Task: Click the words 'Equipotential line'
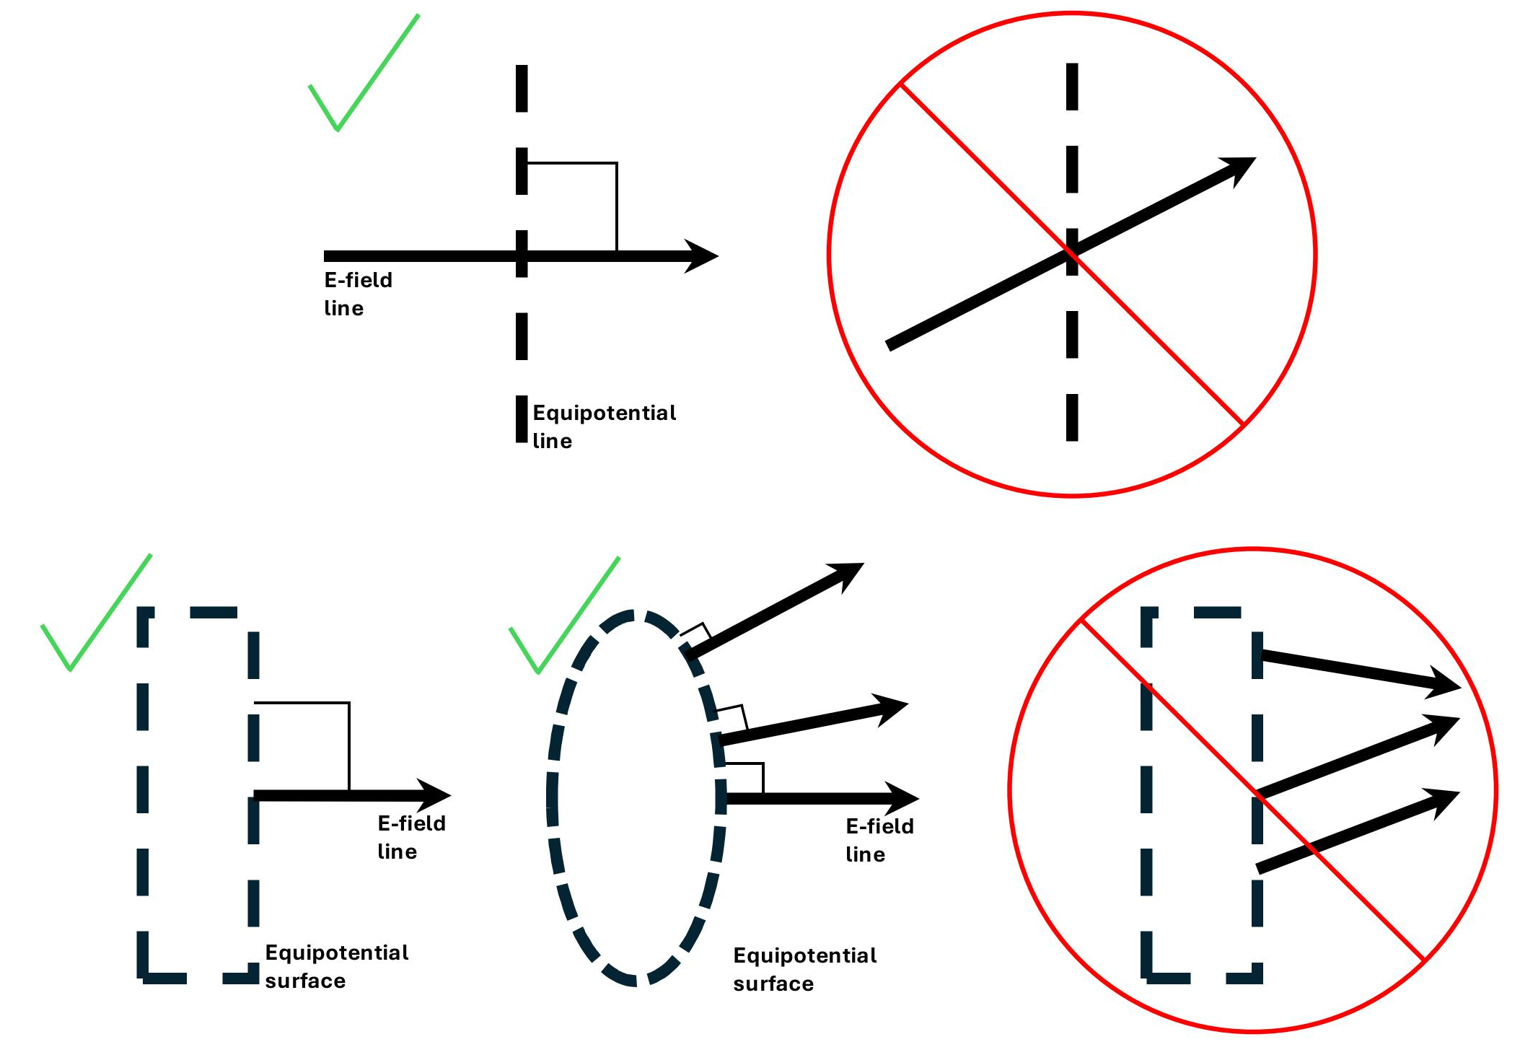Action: point(603,426)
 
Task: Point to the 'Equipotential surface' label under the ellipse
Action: point(804,969)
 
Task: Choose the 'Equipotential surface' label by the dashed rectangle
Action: point(336,966)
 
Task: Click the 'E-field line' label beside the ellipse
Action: point(879,840)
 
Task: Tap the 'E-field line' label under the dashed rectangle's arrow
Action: point(411,837)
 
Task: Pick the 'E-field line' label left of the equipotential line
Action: point(358,294)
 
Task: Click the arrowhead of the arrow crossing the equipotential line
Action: point(701,255)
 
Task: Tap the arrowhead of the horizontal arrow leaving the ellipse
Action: point(902,799)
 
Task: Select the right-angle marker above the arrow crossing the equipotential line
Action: point(572,206)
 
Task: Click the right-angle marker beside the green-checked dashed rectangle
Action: point(302,746)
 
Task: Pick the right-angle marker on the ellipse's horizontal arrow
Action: point(744,778)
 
